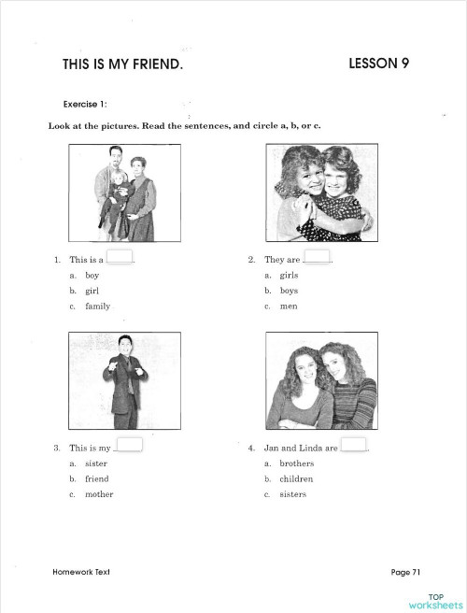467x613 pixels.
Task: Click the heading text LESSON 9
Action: point(378,64)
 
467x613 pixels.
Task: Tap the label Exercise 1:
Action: point(86,105)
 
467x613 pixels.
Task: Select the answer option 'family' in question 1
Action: point(97,306)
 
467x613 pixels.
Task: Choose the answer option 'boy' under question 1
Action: point(92,276)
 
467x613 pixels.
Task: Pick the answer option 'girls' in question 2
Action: point(288,276)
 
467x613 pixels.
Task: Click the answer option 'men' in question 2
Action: point(288,306)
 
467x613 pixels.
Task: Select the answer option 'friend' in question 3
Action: point(96,478)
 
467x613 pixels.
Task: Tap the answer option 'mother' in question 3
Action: point(99,494)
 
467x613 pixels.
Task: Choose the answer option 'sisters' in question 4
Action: point(292,494)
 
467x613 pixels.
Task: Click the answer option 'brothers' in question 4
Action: point(296,463)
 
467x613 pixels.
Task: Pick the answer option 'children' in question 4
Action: point(296,478)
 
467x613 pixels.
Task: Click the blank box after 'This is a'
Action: point(120,257)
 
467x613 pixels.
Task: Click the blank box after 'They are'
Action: point(318,257)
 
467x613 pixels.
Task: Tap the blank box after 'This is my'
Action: point(129,445)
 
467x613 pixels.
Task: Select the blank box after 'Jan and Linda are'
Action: point(353,445)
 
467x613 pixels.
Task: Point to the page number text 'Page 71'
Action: point(406,571)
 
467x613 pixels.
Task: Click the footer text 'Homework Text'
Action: point(82,571)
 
